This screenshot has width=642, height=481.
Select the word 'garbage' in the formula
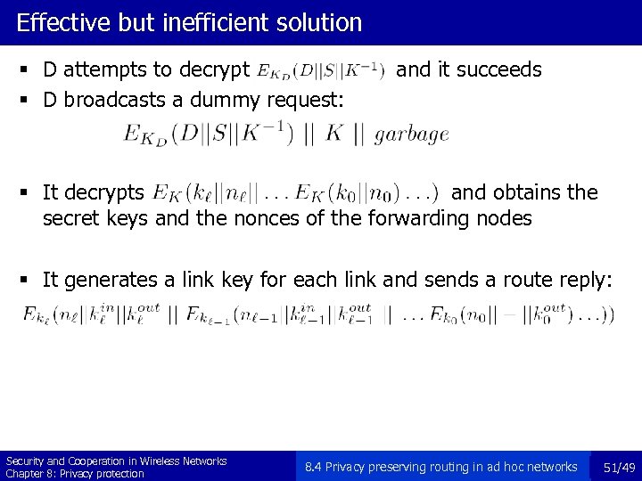411,135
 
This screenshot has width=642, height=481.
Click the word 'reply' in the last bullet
586,281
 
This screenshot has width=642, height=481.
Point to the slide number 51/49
618,467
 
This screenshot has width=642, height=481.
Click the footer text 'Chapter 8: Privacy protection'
75,474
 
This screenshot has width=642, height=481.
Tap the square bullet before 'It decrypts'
30,193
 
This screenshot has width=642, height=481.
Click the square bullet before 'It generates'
30,281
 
